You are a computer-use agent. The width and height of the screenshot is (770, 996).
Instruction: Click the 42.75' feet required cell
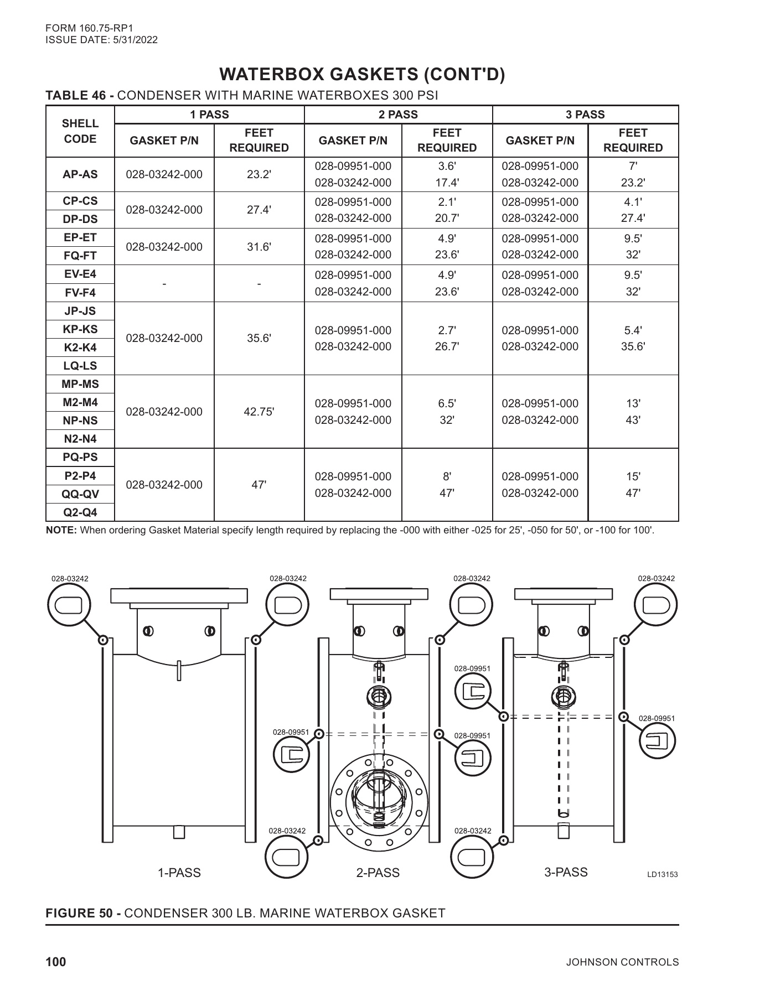point(259,412)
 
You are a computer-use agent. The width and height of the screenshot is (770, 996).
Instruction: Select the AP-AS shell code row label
point(80,174)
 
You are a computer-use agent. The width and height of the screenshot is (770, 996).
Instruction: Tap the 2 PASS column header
point(398,115)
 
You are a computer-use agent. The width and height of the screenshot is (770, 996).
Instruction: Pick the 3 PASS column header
point(585,115)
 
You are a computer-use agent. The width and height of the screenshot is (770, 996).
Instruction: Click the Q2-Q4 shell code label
point(80,512)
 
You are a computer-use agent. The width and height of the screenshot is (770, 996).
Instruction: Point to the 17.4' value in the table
point(447,182)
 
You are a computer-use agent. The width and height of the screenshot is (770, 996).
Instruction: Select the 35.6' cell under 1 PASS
point(259,338)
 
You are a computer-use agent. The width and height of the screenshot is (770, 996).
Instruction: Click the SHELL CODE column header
point(80,131)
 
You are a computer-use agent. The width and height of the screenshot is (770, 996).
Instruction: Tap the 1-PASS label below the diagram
point(179,873)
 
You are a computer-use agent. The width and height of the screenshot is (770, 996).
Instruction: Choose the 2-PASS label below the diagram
point(378,873)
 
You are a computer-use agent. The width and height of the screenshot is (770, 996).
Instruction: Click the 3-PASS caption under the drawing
point(566,872)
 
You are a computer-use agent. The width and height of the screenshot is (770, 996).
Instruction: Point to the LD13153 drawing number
point(662,875)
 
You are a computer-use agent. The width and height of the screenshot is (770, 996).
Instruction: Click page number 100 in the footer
point(55,962)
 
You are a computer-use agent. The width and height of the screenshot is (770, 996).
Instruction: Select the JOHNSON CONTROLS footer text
point(623,962)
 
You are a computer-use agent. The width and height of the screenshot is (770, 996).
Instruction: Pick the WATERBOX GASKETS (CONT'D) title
point(363,74)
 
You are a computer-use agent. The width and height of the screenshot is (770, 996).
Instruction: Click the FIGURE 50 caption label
point(83,913)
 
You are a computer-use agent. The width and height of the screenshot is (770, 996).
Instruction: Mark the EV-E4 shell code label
point(80,274)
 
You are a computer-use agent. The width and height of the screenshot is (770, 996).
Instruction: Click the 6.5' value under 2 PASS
point(447,403)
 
